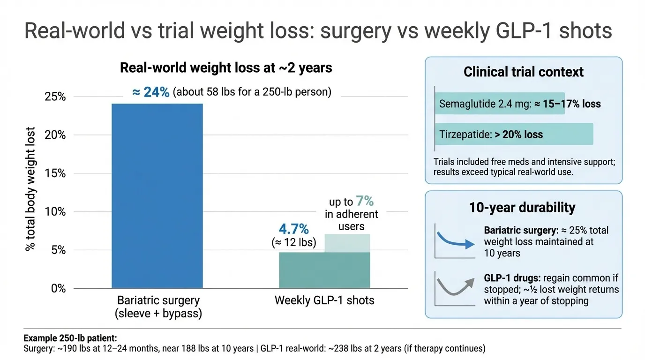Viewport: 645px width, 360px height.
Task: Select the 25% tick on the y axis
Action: [55, 97]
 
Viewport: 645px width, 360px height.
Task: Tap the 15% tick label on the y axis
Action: [55, 173]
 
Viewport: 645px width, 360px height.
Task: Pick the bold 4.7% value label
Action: [294, 229]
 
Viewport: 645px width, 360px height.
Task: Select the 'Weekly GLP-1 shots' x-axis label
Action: [324, 300]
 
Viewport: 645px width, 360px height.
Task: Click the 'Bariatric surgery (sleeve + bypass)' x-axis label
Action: [158, 307]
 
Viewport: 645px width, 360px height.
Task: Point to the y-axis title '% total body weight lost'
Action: [31, 188]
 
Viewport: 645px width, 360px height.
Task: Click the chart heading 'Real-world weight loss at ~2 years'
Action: [226, 68]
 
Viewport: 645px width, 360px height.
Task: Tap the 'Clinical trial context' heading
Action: [524, 72]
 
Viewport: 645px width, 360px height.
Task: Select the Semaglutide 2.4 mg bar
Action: [500, 104]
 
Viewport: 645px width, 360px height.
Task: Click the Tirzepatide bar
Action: [514, 135]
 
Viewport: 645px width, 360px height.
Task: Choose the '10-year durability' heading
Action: [522, 208]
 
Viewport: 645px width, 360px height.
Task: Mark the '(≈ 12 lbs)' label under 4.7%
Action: [293, 242]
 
